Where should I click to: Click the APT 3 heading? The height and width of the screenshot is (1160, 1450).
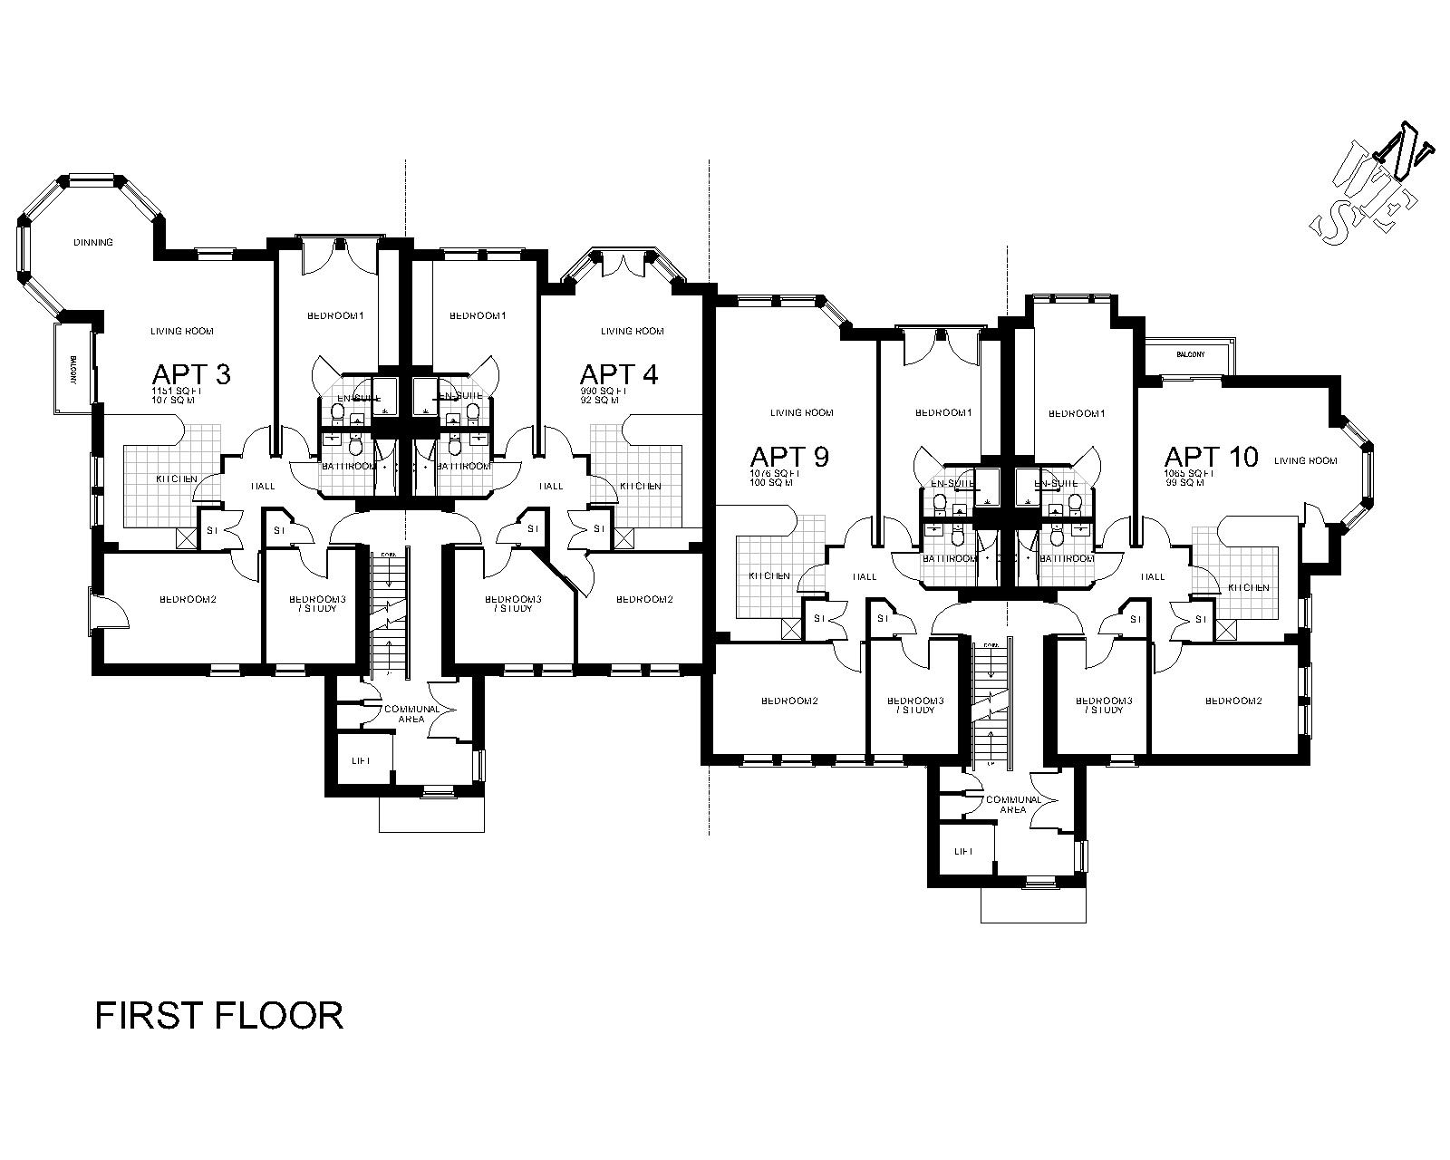click(190, 374)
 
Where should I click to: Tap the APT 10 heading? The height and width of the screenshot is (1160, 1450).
click(1211, 457)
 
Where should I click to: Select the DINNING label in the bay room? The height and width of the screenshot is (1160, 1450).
click(93, 243)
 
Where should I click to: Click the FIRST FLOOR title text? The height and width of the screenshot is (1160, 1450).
click(219, 1015)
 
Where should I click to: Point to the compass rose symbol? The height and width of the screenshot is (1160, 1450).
click(1371, 196)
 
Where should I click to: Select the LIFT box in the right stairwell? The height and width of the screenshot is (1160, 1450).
click(962, 852)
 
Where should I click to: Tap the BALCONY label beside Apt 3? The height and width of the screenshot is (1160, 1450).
click(72, 371)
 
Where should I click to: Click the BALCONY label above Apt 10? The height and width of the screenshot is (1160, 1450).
click(1190, 354)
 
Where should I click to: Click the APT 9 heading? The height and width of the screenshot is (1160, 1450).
click(788, 457)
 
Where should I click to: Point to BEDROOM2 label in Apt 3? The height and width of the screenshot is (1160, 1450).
click(188, 599)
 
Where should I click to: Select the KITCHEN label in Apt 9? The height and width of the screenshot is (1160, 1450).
click(768, 576)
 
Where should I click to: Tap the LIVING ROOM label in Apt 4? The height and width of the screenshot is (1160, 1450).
click(632, 332)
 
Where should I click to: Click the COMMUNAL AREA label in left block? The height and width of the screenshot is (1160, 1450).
click(412, 713)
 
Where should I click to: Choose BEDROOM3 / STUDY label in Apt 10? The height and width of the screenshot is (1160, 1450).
click(1103, 705)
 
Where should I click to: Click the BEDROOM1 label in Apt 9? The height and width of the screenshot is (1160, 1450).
click(942, 413)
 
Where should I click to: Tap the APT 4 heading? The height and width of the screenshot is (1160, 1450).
click(619, 374)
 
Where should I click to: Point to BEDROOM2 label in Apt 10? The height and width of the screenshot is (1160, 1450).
click(1233, 701)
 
